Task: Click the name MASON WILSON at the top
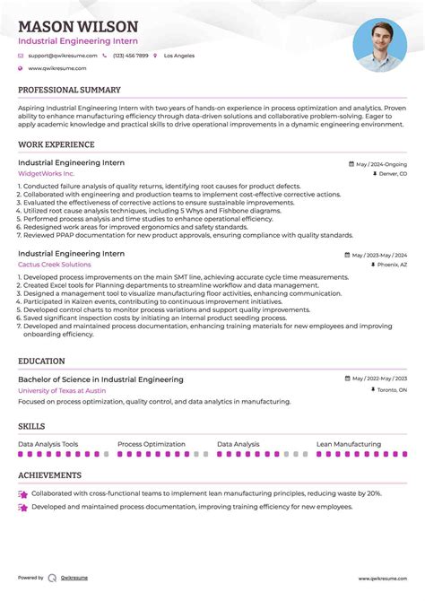[78, 27]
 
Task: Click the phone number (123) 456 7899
[130, 56]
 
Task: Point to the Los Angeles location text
[178, 56]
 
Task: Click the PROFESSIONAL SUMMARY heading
[69, 90]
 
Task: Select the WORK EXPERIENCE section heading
[56, 144]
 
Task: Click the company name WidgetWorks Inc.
[47, 173]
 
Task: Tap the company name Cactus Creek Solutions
[54, 265]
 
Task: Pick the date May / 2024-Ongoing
[381, 164]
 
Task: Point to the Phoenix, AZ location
[392, 266]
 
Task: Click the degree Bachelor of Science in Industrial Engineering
[100, 379]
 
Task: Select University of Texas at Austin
[61, 390]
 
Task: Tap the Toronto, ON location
[390, 390]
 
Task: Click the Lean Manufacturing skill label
[348, 444]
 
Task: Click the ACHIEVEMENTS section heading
[49, 475]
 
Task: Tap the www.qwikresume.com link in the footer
[383, 578]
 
